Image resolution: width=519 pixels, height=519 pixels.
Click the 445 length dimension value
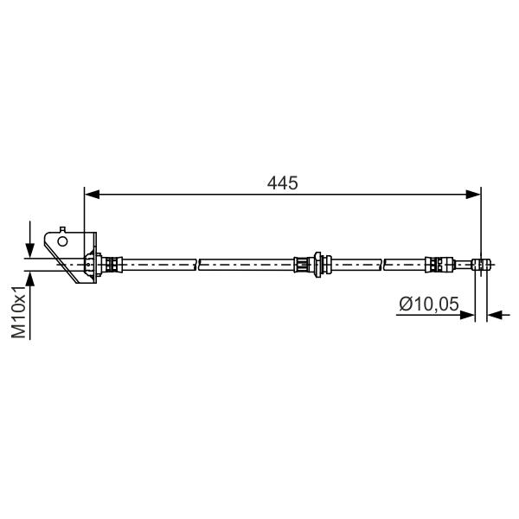[x=282, y=183]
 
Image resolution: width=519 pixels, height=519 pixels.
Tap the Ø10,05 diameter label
[x=429, y=304]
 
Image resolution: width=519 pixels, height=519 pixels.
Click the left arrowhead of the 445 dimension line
[x=93, y=195]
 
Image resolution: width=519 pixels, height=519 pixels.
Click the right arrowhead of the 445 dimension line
[x=473, y=195]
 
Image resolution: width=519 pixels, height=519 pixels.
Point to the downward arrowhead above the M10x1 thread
[x=29, y=251]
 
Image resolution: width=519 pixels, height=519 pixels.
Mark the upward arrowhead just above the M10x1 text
[x=29, y=279]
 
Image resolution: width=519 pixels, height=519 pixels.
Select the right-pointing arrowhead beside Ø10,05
[x=467, y=315]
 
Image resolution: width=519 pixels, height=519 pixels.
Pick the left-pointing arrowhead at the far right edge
[x=495, y=315]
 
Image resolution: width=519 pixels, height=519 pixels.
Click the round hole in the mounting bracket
[x=62, y=241]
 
